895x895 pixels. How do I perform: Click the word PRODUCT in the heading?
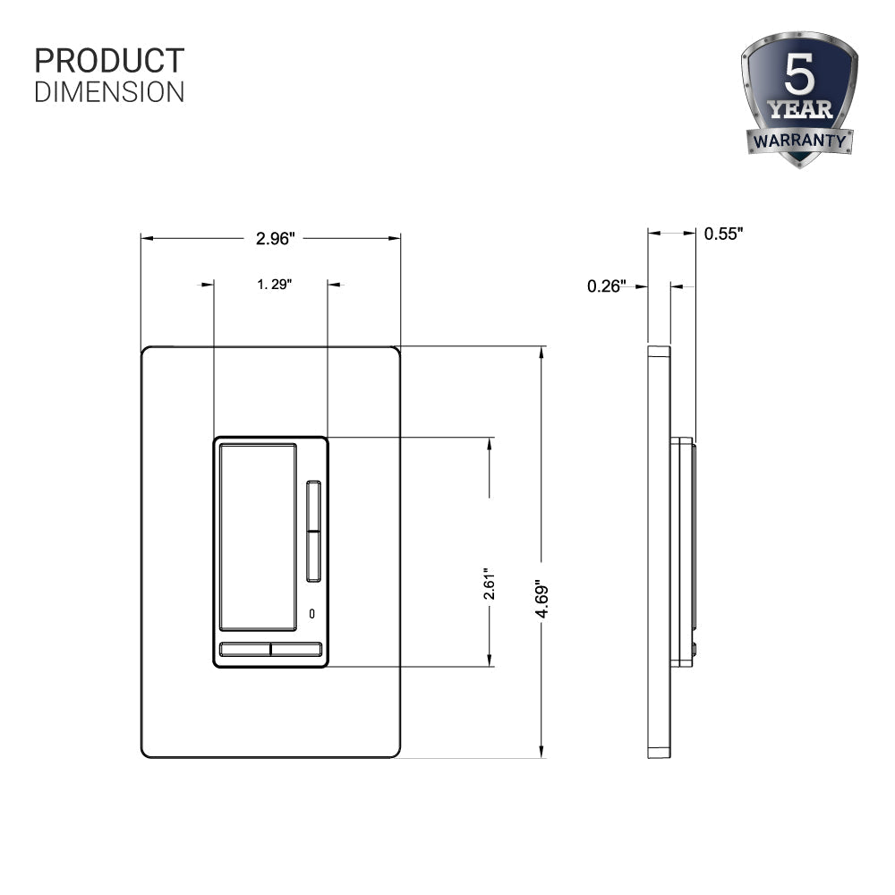pyautogui.click(x=109, y=61)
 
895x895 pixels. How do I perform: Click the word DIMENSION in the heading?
pyautogui.click(x=109, y=91)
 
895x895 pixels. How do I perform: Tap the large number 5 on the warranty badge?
pyautogui.click(x=799, y=77)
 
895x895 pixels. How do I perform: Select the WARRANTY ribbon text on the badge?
pyautogui.click(x=799, y=141)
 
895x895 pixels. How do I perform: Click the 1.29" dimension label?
pyautogui.click(x=275, y=284)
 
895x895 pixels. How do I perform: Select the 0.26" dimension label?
pyautogui.click(x=606, y=286)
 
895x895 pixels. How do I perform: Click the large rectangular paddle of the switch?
pyautogui.click(x=257, y=534)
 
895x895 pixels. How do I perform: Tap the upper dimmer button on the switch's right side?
pyautogui.click(x=313, y=505)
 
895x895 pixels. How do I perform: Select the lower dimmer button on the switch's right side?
pyautogui.click(x=313, y=556)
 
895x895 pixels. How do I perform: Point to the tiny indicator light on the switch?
pyautogui.click(x=312, y=613)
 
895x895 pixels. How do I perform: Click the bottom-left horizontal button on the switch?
pyautogui.click(x=244, y=649)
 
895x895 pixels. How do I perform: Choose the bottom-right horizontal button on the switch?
pyautogui.click(x=296, y=649)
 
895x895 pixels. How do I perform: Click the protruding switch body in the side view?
pyautogui.click(x=685, y=550)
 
